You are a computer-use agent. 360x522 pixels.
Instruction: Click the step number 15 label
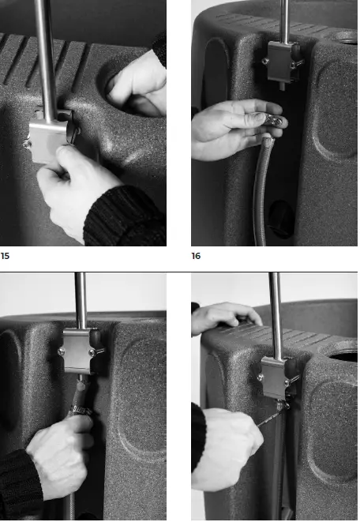(x=5, y=256)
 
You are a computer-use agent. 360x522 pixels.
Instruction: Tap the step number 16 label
(x=196, y=256)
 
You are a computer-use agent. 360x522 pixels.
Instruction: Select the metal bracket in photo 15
(x=50, y=137)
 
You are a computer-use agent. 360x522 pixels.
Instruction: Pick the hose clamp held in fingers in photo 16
(x=274, y=119)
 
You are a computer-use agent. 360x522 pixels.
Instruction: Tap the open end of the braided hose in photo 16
(x=268, y=137)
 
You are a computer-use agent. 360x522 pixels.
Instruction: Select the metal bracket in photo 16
(x=283, y=62)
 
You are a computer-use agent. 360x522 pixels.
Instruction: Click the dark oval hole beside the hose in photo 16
(x=281, y=219)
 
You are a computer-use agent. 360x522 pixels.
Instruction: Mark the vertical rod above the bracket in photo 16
(x=284, y=21)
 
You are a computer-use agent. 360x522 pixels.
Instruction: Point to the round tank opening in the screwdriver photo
(x=343, y=357)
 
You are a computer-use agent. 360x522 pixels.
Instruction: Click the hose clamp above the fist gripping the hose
(x=80, y=411)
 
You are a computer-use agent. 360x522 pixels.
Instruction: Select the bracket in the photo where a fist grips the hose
(x=81, y=351)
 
